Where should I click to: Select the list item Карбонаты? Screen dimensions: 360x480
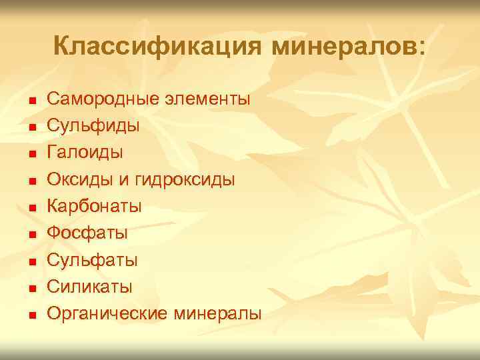[94, 206]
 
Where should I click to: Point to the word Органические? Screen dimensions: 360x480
[108, 313]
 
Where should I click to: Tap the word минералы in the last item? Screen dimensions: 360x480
[217, 313]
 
